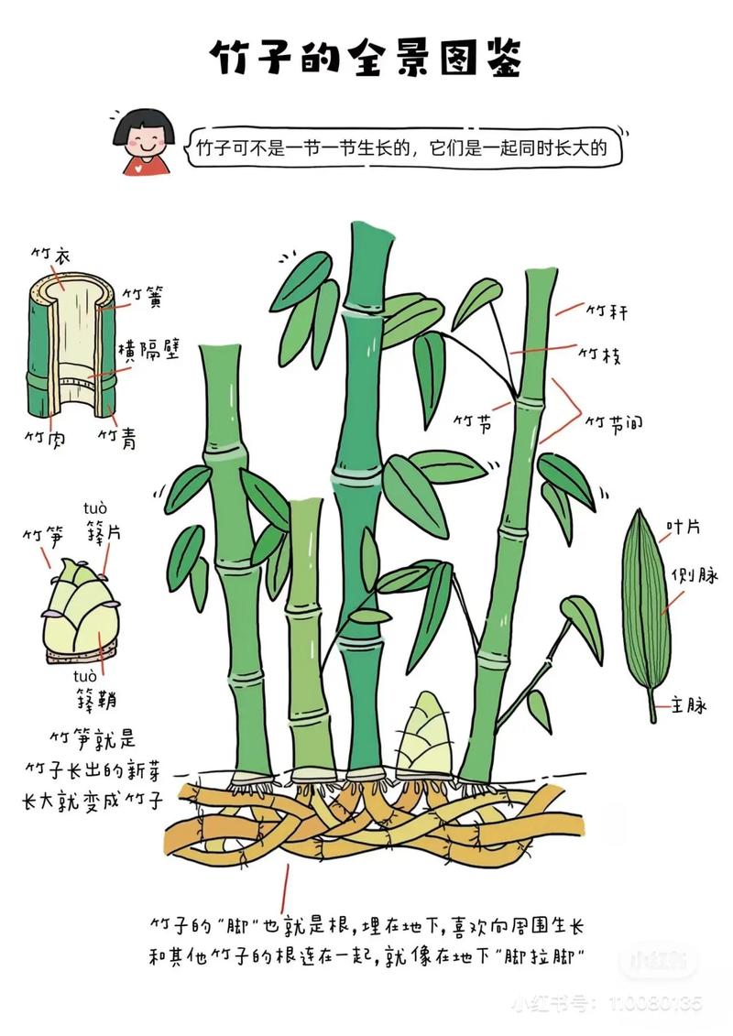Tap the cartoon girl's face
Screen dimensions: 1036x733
146,136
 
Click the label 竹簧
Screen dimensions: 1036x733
144,296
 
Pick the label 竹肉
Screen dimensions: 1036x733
44,438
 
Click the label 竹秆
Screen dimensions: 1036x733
607,311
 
